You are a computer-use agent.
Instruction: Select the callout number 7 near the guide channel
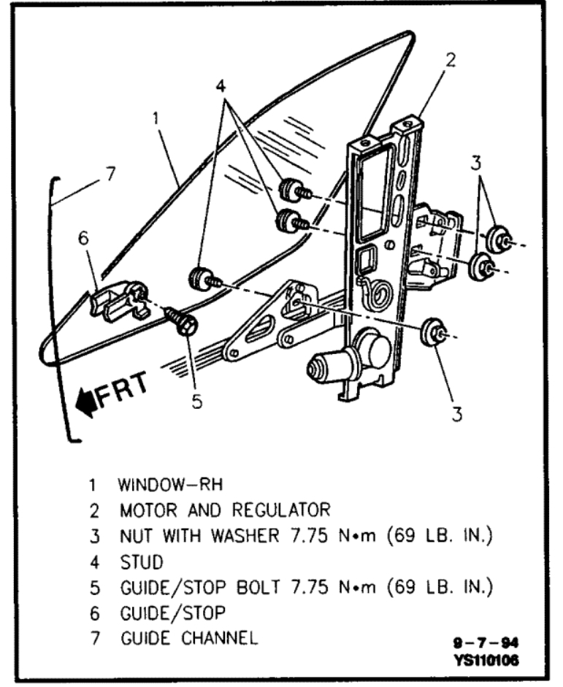click(110, 174)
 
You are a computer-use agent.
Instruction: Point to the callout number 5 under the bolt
click(196, 403)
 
